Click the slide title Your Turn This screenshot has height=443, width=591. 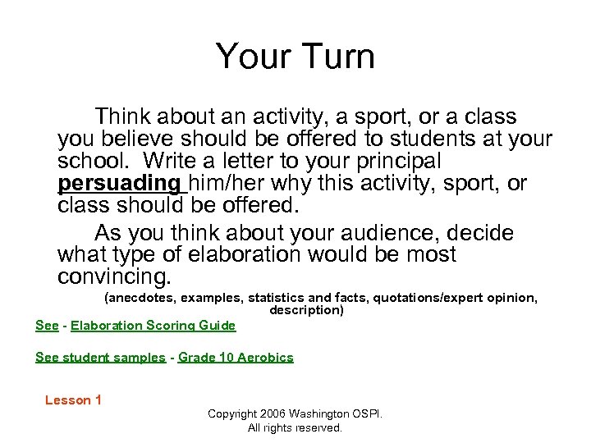[295, 57]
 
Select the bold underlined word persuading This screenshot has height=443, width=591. [118, 183]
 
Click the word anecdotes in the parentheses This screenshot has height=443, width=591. [140, 298]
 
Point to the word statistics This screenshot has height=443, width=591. [275, 298]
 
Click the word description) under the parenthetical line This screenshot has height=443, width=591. [306, 310]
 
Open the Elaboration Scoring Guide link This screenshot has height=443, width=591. [153, 326]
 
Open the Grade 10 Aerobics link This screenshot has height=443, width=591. [236, 357]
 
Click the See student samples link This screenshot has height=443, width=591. [100, 357]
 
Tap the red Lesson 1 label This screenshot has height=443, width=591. [73, 400]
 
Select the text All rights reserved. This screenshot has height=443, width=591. [295, 427]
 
